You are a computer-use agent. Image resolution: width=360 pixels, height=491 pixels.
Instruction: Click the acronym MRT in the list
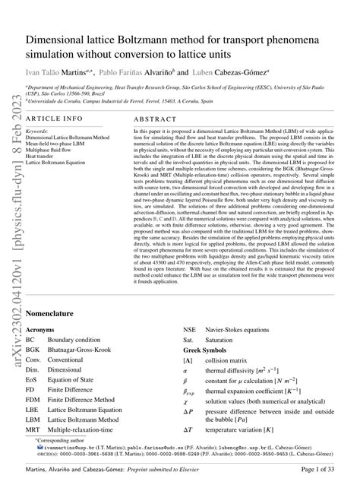(x=34, y=428)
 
